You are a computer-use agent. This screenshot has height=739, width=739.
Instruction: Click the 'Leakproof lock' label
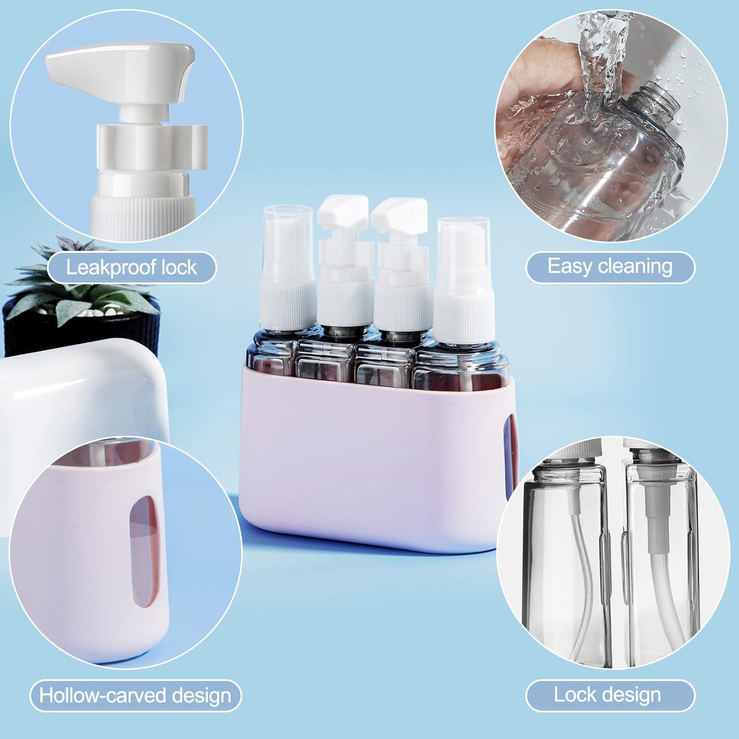coord(132,268)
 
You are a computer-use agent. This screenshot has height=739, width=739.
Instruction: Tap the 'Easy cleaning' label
coord(610,267)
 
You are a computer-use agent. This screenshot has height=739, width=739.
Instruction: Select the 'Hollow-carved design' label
coord(135,696)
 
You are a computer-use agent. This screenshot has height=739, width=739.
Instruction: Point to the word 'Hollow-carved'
coord(96,696)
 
